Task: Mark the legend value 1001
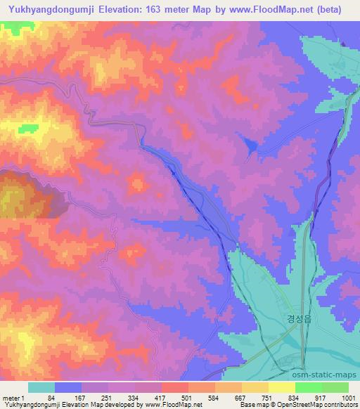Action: pyautogui.click(x=347, y=397)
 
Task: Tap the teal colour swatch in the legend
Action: pyautogui.click(x=41, y=387)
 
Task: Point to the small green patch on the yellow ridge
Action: pyautogui.click(x=29, y=128)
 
